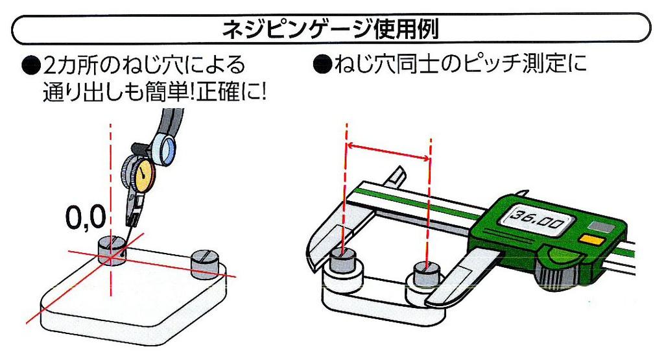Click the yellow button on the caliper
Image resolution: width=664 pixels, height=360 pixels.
591,239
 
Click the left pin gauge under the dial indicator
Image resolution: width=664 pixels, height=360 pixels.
111,250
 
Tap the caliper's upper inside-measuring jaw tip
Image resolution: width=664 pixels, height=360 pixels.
397,177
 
